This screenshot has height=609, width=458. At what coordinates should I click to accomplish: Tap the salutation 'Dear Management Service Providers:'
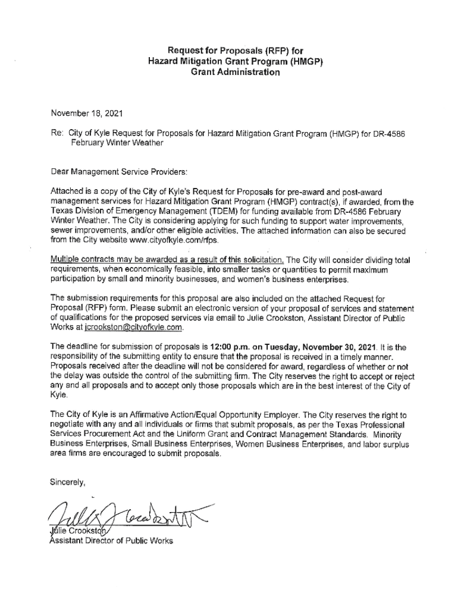pos(119,172)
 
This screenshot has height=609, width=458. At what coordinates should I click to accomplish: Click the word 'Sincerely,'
pos(68,482)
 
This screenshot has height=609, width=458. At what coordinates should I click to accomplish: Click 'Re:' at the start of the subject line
pos(57,134)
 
